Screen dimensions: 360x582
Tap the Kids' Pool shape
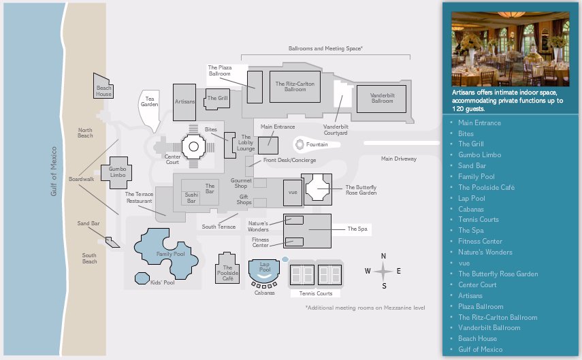142,278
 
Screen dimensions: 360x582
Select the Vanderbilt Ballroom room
382,99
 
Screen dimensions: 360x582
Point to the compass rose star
383,271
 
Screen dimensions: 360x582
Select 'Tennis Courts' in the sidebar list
478,220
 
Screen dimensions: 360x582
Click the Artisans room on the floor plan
185,101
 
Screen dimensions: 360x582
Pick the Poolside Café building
227,269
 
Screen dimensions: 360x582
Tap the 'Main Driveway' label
398,159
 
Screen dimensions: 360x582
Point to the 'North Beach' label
85,132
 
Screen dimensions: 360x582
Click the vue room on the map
293,192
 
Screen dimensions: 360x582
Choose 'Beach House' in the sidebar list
477,339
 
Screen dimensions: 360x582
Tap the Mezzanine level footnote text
365,308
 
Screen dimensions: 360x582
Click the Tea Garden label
150,101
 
